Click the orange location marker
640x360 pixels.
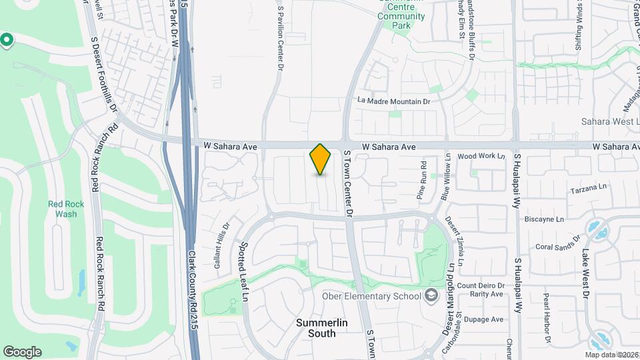point(321,159)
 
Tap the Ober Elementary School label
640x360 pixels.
point(371,296)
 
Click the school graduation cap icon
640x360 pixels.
point(431,295)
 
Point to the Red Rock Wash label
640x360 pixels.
point(62,209)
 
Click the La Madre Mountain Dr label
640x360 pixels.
point(394,101)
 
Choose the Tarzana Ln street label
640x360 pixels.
point(590,189)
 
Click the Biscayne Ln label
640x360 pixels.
point(545,219)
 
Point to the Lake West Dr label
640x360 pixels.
point(585,273)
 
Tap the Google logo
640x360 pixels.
point(22,352)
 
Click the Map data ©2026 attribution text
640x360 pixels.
point(611,355)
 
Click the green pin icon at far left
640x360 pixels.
point(7,41)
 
